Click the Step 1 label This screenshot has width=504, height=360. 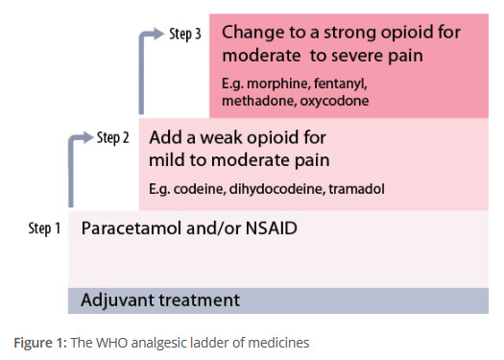[x=43, y=228]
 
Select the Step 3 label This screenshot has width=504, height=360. [x=183, y=35]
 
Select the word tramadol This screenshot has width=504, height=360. [x=357, y=189]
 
